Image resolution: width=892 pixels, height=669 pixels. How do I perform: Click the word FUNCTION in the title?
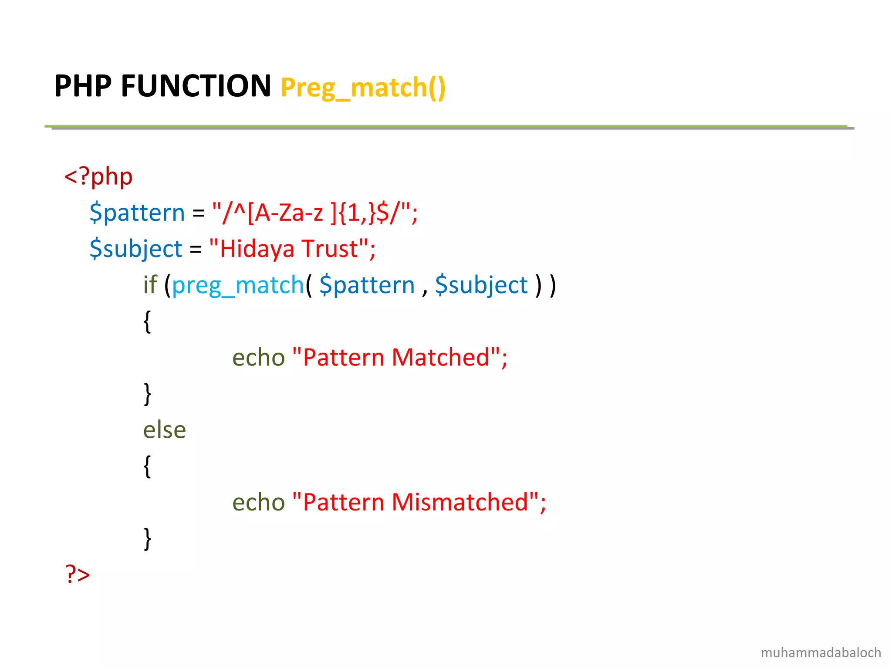point(196,86)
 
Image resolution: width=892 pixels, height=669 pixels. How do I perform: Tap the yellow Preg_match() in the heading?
point(363,88)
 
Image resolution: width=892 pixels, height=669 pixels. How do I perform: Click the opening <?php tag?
point(98,177)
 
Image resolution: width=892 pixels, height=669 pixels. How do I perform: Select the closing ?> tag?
point(78,574)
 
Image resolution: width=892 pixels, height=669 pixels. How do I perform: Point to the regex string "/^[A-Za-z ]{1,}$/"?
point(314,213)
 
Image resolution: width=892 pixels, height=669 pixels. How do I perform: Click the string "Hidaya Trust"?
point(292,249)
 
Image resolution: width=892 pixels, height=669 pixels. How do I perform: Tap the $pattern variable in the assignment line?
point(137,213)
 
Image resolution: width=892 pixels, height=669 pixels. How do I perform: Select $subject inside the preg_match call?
point(481,285)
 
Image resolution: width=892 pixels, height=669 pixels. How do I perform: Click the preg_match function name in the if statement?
point(238,285)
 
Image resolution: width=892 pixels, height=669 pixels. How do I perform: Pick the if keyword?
point(150,285)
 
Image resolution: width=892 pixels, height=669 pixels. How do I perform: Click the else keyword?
point(165,430)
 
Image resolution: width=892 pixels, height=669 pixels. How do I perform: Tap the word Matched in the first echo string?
point(440,358)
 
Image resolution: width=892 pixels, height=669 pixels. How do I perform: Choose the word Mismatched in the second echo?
point(460,502)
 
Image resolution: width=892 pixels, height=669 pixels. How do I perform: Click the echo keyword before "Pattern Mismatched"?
point(258,502)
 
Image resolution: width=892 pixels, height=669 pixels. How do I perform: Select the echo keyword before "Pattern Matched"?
point(258,358)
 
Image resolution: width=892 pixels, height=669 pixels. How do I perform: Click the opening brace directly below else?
point(148,466)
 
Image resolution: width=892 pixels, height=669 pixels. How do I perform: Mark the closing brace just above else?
point(148,394)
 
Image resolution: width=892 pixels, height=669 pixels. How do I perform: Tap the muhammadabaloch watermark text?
point(821,652)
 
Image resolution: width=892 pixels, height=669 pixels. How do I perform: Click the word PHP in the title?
point(83,86)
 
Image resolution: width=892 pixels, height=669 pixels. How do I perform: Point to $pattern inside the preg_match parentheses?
point(367,285)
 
